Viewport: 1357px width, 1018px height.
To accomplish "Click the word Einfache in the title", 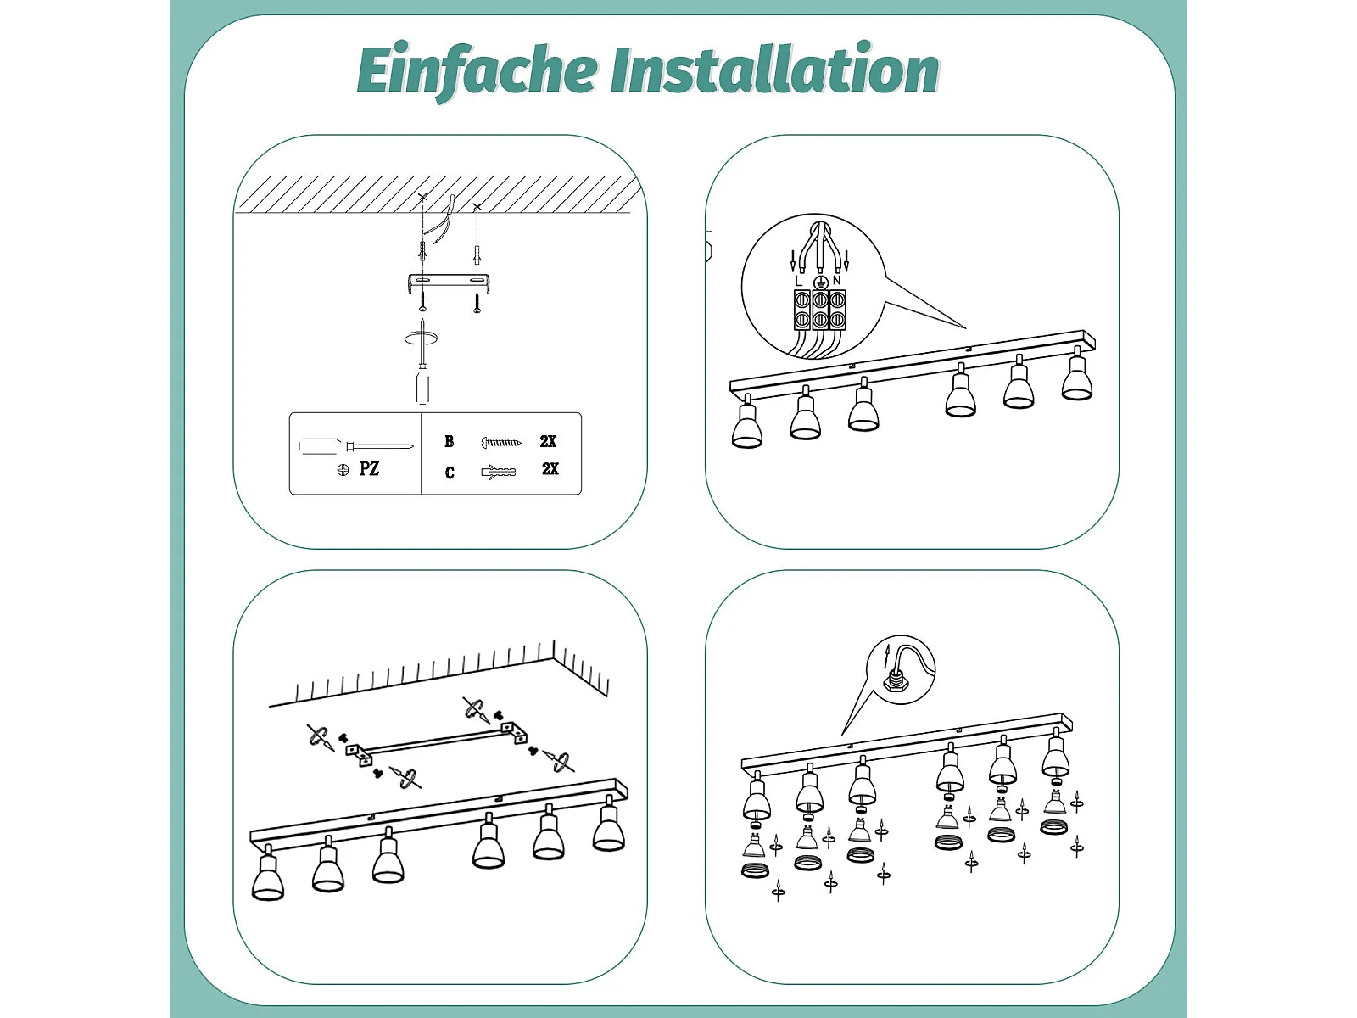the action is pyautogui.click(x=477, y=70).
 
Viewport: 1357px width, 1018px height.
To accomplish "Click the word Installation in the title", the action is pyautogui.click(x=774, y=69).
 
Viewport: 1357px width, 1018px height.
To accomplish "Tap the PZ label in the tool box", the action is pyautogui.click(x=368, y=468).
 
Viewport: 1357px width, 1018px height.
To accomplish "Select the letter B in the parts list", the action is pyautogui.click(x=450, y=441).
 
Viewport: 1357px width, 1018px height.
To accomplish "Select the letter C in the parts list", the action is pyautogui.click(x=450, y=473).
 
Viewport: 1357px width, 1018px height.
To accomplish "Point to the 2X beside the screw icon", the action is pyautogui.click(x=548, y=441).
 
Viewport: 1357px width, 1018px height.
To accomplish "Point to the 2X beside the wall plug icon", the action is pyautogui.click(x=550, y=468).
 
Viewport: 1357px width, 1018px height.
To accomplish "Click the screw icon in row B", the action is pyautogui.click(x=500, y=442).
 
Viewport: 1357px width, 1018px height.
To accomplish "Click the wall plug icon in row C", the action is pyautogui.click(x=498, y=473).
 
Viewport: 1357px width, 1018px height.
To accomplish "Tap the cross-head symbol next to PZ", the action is pyautogui.click(x=343, y=470).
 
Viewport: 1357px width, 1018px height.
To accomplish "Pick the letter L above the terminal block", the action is pyautogui.click(x=799, y=282).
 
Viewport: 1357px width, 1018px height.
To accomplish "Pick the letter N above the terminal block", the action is pyautogui.click(x=836, y=281).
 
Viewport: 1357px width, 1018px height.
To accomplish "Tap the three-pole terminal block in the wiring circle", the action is pyautogui.click(x=819, y=310).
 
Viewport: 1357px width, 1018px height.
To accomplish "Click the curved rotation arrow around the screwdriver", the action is pyautogui.click(x=421, y=338).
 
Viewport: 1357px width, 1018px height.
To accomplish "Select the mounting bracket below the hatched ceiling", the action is pyautogui.click(x=449, y=283).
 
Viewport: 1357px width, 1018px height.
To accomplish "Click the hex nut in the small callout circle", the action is pyautogui.click(x=893, y=683).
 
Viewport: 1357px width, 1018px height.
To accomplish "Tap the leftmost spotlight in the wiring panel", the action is pyautogui.click(x=747, y=422).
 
